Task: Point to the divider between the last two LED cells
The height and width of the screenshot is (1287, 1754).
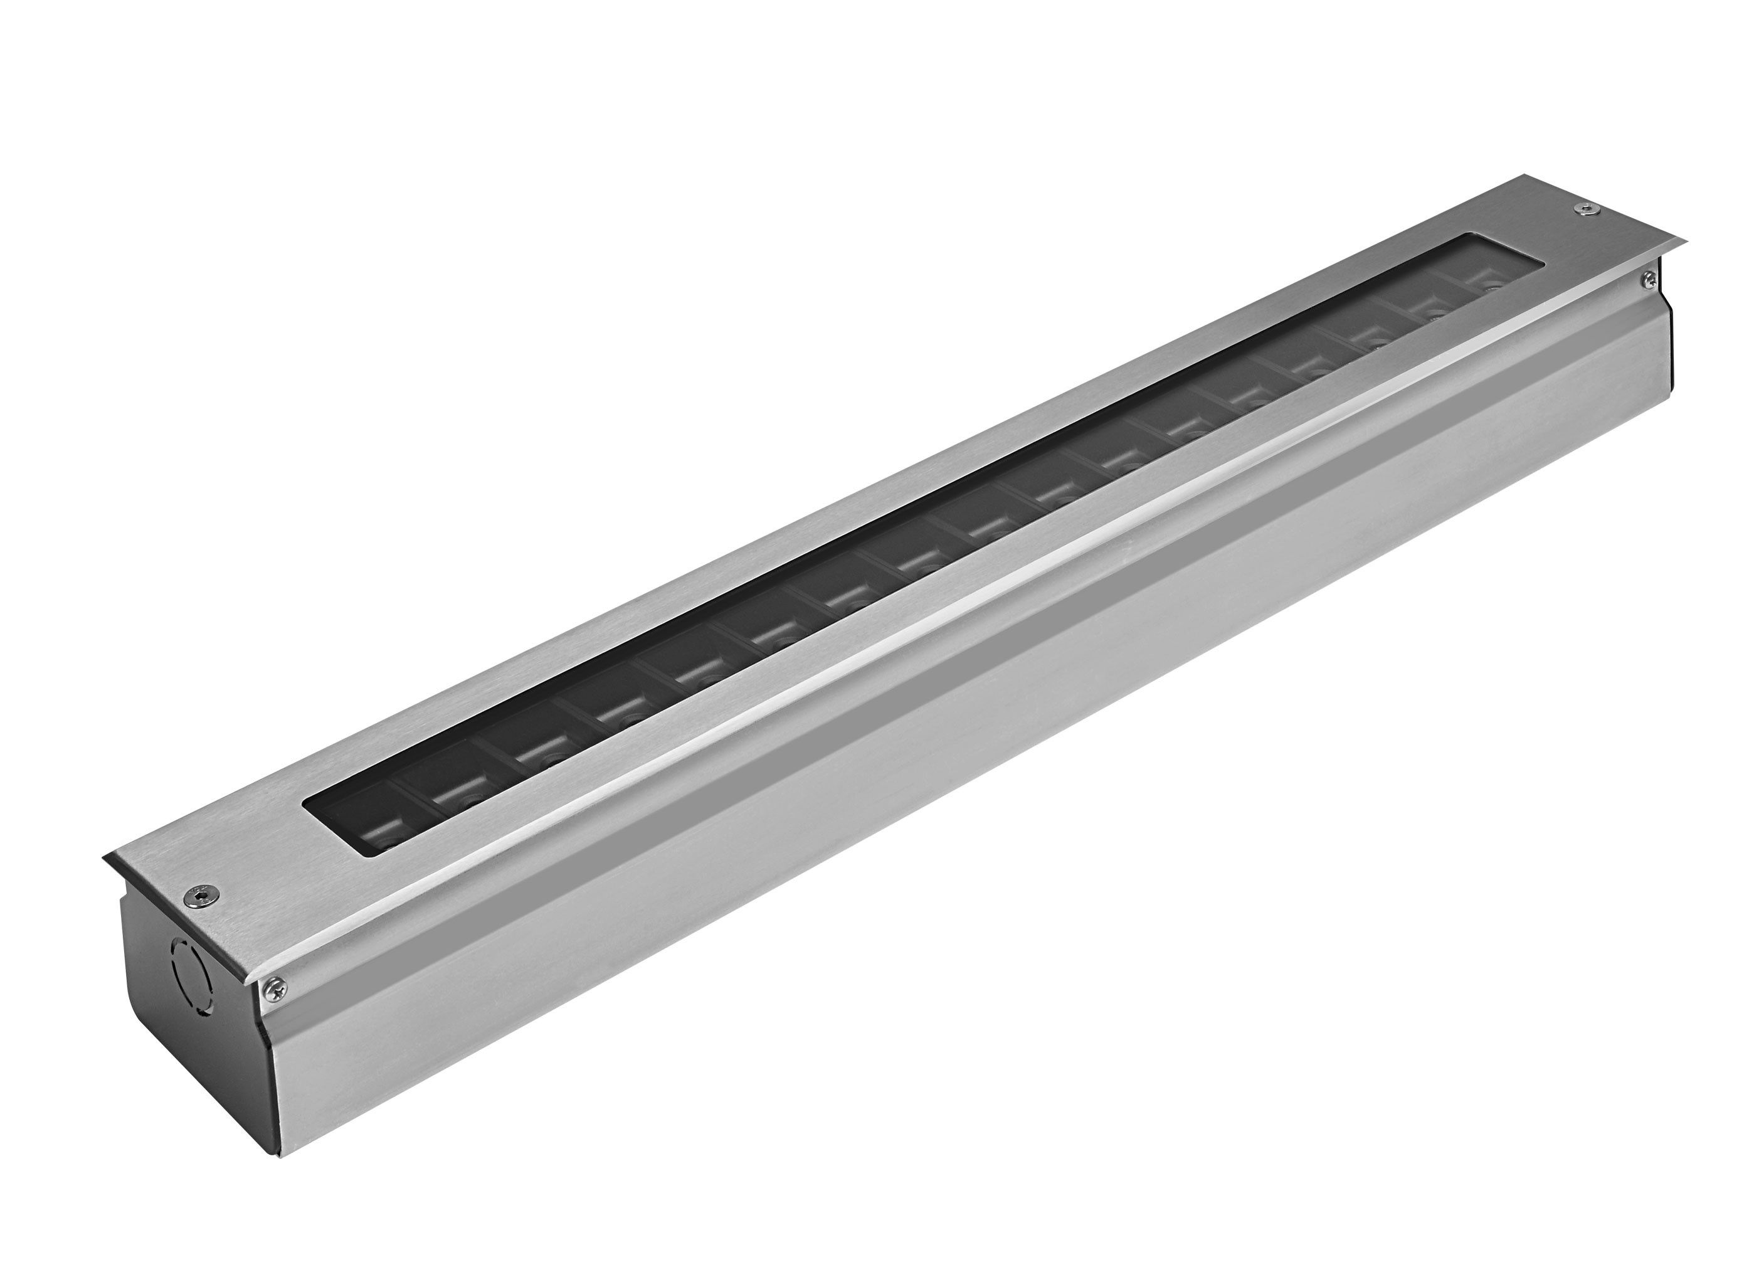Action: tap(1447, 294)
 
